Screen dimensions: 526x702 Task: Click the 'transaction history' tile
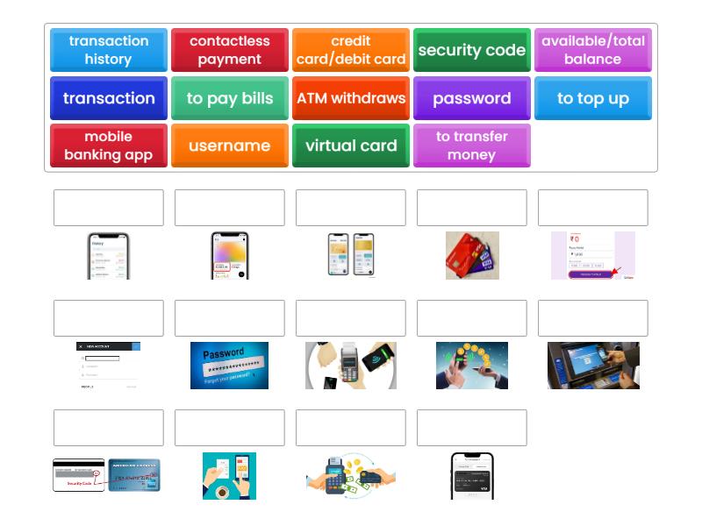[109, 50]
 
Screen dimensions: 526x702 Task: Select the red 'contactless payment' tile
[230, 50]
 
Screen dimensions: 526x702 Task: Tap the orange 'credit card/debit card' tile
[351, 50]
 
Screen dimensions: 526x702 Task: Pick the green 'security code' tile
[472, 50]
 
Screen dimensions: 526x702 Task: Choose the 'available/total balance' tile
[593, 50]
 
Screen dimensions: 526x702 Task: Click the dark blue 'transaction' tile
[109, 98]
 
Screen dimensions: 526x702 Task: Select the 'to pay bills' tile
[230, 98]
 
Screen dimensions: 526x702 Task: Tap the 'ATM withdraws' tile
[351, 98]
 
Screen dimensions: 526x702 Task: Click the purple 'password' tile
[472, 98]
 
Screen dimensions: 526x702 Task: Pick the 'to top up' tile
[593, 98]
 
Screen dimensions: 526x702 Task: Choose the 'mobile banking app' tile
[109, 146]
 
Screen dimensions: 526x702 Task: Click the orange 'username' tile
[230, 146]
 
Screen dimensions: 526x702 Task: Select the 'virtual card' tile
[351, 146]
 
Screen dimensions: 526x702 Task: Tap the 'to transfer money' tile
[472, 146]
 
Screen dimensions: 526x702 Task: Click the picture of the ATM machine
[593, 366]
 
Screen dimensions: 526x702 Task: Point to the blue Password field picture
[229, 366]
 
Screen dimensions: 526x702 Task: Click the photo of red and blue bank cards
[472, 255]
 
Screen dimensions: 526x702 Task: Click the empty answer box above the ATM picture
[593, 318]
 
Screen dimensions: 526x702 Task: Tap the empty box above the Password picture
[230, 318]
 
